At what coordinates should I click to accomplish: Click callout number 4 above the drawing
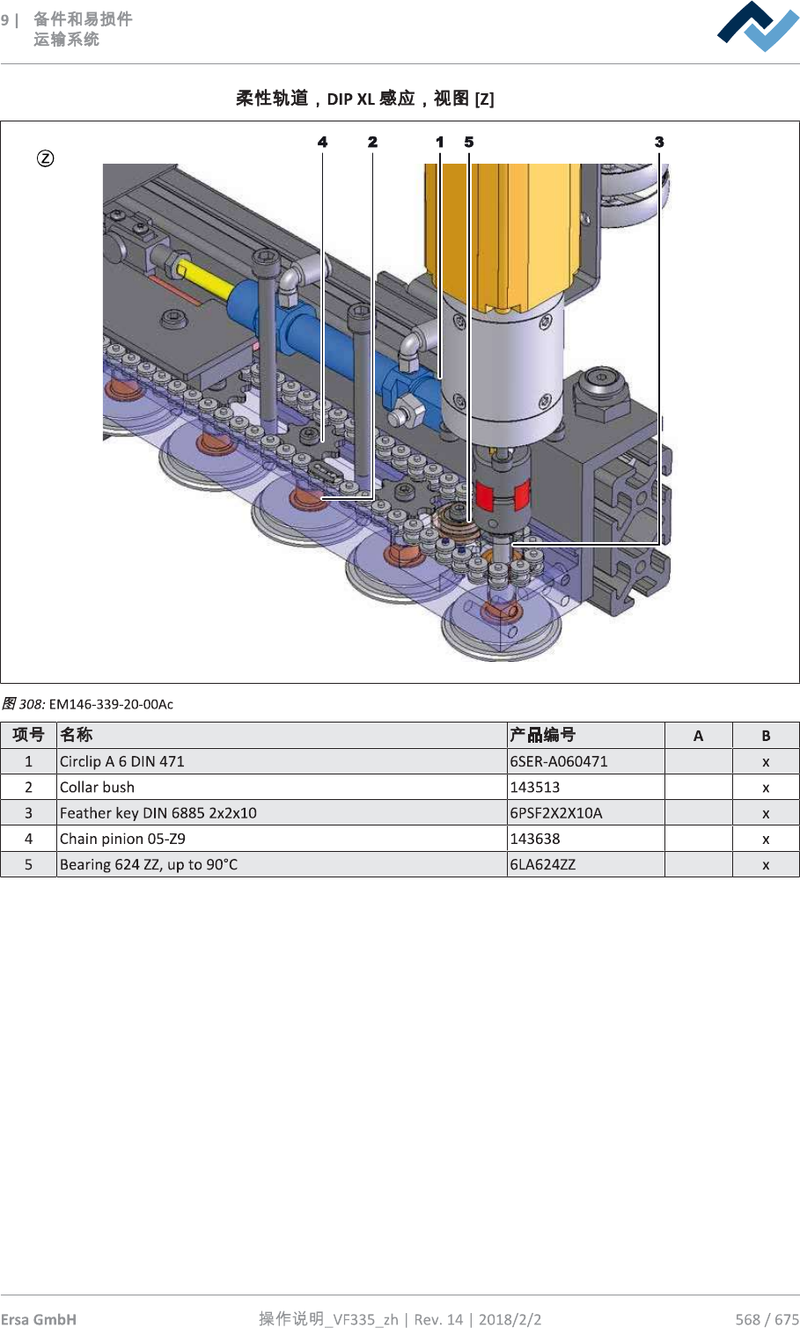(323, 142)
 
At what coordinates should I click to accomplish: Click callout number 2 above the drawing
(373, 142)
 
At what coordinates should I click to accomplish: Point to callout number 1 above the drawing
(440, 142)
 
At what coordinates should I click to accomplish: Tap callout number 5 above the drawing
(469, 142)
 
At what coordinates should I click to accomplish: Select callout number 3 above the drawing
(659, 142)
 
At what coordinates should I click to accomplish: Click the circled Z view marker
(45, 158)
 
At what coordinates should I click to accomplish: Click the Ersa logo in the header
(758, 26)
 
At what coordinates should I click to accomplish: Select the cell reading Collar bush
(98, 787)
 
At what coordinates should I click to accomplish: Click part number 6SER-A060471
(559, 761)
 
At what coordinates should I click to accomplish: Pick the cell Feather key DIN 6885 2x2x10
(158, 812)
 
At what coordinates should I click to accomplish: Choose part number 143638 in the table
(535, 839)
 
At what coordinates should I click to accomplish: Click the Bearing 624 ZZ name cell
(149, 864)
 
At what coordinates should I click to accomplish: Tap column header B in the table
(766, 736)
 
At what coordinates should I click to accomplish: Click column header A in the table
(698, 736)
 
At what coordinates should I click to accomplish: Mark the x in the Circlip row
(766, 762)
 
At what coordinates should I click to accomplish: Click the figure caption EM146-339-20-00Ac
(111, 704)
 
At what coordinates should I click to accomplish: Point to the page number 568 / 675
(767, 1318)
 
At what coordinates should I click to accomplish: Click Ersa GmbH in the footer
(39, 1318)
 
